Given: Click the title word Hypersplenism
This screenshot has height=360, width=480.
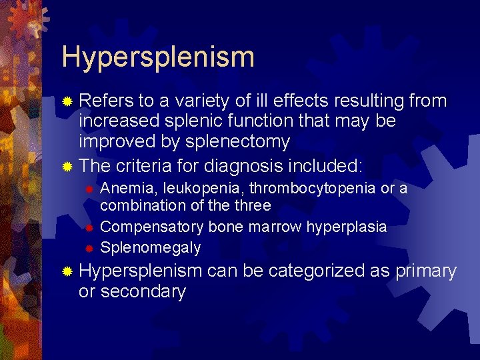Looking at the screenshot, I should click(x=158, y=57).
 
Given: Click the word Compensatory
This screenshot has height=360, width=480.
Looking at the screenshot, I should click(x=152, y=227).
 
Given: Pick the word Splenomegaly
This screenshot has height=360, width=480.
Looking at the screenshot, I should click(x=150, y=247).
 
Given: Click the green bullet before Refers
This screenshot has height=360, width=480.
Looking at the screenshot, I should click(x=67, y=101).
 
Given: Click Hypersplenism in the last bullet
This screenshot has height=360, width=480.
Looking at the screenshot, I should click(x=140, y=271).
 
